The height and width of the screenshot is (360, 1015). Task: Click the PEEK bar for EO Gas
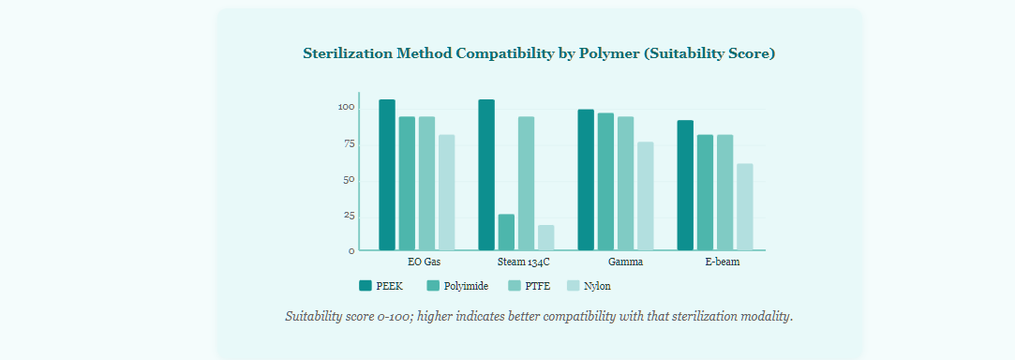pyautogui.click(x=387, y=174)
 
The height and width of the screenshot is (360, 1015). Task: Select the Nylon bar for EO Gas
pyautogui.click(x=447, y=192)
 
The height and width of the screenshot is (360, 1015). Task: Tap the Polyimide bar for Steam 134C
pyautogui.click(x=506, y=232)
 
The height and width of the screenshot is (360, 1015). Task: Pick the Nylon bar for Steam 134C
pyautogui.click(x=546, y=237)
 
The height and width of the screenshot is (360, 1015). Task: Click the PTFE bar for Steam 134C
pyautogui.click(x=527, y=183)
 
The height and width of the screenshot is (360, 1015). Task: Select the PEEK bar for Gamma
pyautogui.click(x=586, y=180)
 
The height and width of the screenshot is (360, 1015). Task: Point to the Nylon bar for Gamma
pyautogui.click(x=646, y=196)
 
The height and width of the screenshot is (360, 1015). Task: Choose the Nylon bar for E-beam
pyautogui.click(x=745, y=206)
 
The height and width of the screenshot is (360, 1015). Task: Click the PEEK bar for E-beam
pyautogui.click(x=685, y=186)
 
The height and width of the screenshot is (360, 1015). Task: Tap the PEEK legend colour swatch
pyautogui.click(x=366, y=286)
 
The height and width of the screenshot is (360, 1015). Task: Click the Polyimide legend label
pyautogui.click(x=466, y=286)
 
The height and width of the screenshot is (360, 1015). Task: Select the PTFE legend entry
pyautogui.click(x=529, y=286)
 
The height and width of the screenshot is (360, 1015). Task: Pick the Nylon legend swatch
pyautogui.click(x=573, y=286)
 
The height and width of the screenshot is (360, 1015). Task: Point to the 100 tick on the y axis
pyautogui.click(x=347, y=108)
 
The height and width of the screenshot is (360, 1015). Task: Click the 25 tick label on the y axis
pyautogui.click(x=349, y=216)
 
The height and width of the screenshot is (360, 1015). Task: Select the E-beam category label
pyautogui.click(x=723, y=262)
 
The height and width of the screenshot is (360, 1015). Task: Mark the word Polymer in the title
pyautogui.click(x=614, y=54)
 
